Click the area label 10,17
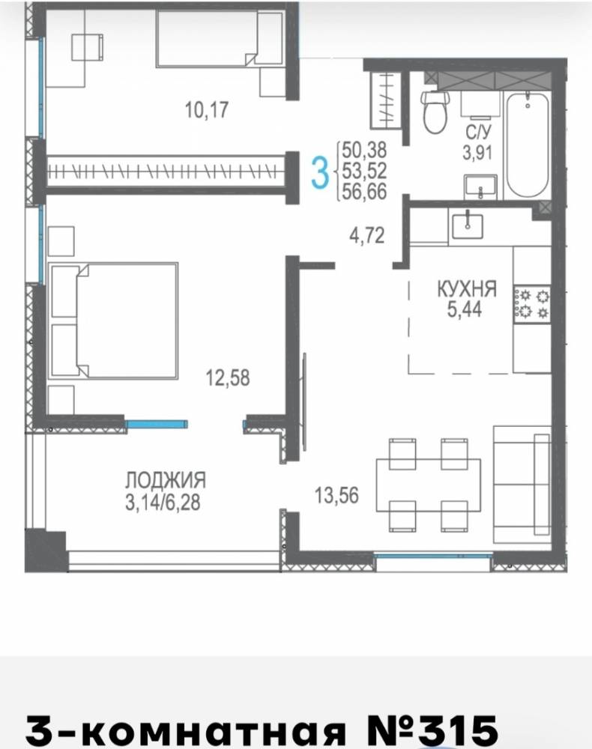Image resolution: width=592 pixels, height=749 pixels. pyautogui.click(x=206, y=110)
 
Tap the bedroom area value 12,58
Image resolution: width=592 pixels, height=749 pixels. pyautogui.click(x=228, y=377)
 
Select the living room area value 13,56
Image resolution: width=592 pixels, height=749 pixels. pyautogui.click(x=336, y=495)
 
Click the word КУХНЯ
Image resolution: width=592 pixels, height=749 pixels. pyautogui.click(x=467, y=289)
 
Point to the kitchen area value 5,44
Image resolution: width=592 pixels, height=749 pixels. pyautogui.click(x=465, y=309)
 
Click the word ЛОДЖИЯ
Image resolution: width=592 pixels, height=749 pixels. pyautogui.click(x=166, y=480)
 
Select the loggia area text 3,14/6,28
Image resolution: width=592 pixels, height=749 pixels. pyautogui.click(x=163, y=503)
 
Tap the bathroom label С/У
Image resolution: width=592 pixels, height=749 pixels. pyautogui.click(x=478, y=133)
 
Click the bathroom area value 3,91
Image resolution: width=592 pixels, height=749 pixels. pyautogui.click(x=477, y=153)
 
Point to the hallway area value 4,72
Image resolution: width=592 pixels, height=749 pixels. pyautogui.click(x=367, y=236)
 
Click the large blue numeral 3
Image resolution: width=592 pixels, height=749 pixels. pyautogui.click(x=320, y=173)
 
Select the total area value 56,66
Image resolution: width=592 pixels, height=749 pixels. pyautogui.click(x=364, y=192)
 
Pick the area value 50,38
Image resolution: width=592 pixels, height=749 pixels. pyautogui.click(x=364, y=150)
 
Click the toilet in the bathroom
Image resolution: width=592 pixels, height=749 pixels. pyautogui.click(x=435, y=112)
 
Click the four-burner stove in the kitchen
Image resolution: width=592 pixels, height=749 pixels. pyautogui.click(x=532, y=304)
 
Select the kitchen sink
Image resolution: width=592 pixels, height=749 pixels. pyautogui.click(x=468, y=225)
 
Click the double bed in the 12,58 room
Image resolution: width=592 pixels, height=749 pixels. pyautogui.click(x=113, y=321)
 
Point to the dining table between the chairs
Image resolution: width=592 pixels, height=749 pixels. pyautogui.click(x=429, y=485)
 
